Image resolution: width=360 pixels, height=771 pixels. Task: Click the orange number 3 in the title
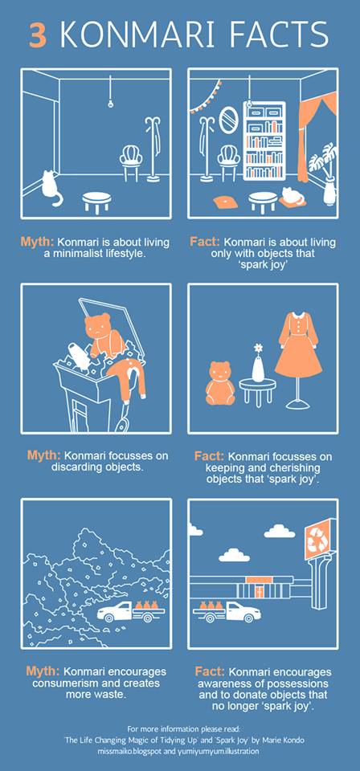point(39,35)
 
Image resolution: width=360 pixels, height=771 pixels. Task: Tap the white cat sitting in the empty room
point(51,188)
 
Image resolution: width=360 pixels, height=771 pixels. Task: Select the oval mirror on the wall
point(227,120)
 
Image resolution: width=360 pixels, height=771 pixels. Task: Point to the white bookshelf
point(264,141)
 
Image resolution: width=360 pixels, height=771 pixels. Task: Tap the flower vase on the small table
point(258,363)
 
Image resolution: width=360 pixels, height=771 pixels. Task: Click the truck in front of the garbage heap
point(130,610)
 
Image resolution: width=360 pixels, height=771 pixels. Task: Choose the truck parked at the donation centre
point(227,611)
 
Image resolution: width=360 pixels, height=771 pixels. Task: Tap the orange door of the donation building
point(256,589)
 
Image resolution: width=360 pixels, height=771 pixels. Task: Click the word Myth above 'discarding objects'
point(43,455)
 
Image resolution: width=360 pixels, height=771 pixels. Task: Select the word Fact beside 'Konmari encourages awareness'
point(211,671)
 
